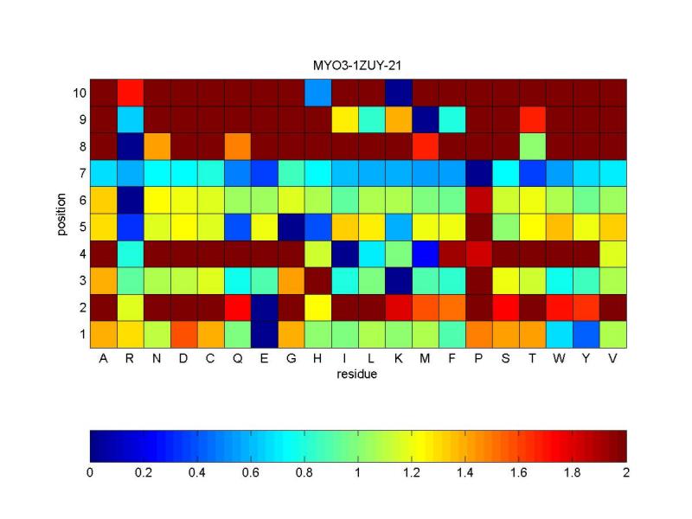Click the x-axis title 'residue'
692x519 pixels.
pyautogui.click(x=358, y=375)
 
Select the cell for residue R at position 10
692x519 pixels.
pyautogui.click(x=131, y=92)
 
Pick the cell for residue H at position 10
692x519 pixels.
pyautogui.click(x=318, y=92)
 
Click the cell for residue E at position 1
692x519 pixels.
pyautogui.click(x=265, y=333)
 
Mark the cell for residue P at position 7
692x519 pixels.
pyautogui.click(x=479, y=172)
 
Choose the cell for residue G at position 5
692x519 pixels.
pyautogui.click(x=292, y=226)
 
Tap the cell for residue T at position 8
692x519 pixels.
pyautogui.click(x=533, y=145)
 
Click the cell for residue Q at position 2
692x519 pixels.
pyautogui.click(x=238, y=306)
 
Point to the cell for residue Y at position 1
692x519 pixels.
pyautogui.click(x=586, y=333)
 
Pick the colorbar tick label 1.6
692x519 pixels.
pyautogui.click(x=519, y=472)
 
